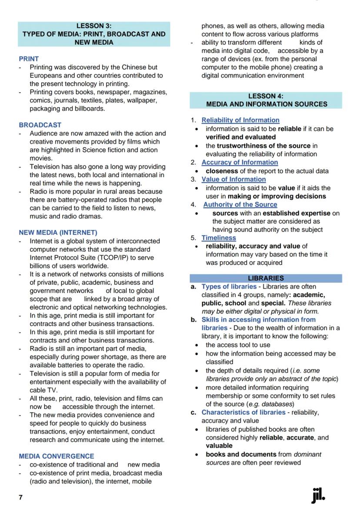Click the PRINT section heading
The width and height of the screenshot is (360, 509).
[x=29, y=59]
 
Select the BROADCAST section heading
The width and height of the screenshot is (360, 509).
[x=40, y=125]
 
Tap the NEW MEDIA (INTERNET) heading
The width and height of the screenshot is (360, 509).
[x=58, y=233]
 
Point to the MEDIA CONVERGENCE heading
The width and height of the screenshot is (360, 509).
[x=56, y=456]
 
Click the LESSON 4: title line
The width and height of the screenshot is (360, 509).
[x=266, y=96]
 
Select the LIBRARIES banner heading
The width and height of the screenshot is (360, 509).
[x=266, y=278]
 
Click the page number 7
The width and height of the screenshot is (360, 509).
[x=20, y=497]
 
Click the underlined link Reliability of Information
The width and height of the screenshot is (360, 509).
[x=240, y=120]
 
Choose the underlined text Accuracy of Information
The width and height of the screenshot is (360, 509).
[x=240, y=162]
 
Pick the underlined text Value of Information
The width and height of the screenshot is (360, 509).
[x=233, y=179]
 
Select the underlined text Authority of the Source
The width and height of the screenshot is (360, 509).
[x=240, y=204]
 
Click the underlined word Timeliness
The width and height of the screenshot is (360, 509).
[x=219, y=238]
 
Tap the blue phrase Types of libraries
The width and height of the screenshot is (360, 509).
[x=229, y=287]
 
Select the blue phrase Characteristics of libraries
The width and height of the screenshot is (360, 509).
[x=243, y=412]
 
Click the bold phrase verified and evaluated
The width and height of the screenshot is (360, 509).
[x=240, y=137]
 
